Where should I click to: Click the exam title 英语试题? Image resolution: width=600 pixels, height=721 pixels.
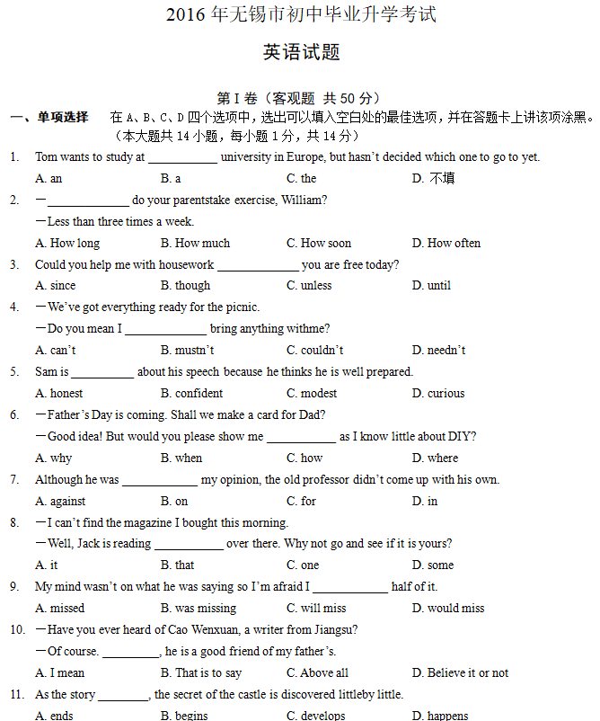[301, 52]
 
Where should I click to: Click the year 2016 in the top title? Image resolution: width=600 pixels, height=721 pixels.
[186, 15]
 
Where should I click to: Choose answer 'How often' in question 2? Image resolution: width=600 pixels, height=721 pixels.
[454, 243]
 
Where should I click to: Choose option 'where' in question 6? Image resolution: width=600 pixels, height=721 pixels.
[443, 458]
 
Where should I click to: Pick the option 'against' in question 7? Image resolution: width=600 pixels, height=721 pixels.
[67, 501]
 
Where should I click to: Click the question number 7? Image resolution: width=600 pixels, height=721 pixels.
[14, 479]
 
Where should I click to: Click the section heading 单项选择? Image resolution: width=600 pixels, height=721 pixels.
[63, 117]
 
